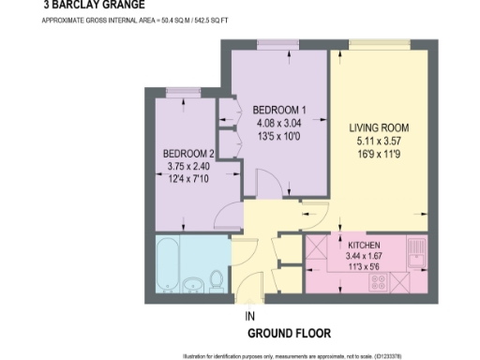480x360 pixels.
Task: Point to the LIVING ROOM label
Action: point(380,127)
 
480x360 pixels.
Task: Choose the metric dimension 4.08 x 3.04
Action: point(277,122)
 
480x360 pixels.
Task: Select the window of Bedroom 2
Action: point(177,91)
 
